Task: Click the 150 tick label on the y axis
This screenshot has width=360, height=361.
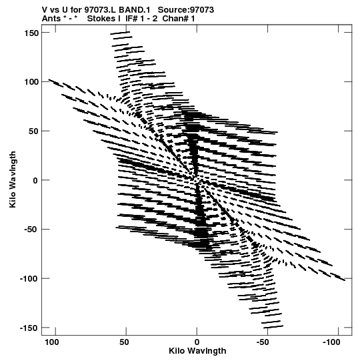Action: (31, 33)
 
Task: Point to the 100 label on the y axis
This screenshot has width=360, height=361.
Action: (31, 82)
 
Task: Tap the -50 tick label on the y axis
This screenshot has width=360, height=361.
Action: (31, 230)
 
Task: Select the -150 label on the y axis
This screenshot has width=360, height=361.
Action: (29, 328)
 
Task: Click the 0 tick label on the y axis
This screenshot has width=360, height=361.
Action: (35, 180)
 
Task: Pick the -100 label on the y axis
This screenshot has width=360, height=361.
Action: (29, 279)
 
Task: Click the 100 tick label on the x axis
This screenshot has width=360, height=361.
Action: (52, 342)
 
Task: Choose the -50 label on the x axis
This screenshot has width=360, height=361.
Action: (263, 342)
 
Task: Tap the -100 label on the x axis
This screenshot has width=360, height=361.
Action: (331, 342)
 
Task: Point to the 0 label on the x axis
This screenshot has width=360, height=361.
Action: (197, 342)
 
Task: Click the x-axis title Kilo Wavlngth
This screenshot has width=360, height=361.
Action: (197, 351)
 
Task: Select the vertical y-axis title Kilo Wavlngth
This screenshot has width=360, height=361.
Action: (13, 179)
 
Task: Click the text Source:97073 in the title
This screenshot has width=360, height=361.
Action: (186, 10)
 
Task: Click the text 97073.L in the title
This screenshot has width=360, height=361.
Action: (101, 10)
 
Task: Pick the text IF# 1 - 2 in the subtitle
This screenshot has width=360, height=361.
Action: (141, 19)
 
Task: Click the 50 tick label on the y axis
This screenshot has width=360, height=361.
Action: (33, 131)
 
